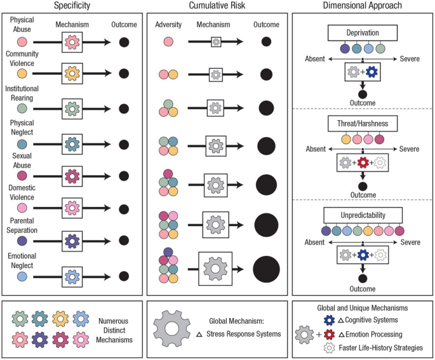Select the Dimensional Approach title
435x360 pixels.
[x=361, y=6]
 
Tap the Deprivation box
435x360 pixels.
[x=362, y=34]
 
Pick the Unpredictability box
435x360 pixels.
[x=363, y=215]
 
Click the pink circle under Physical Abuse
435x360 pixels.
[x=22, y=42]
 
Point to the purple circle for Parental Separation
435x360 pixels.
[x=22, y=242]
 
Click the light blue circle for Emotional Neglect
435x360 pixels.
[x=22, y=276]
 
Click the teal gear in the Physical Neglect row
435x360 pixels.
[x=72, y=142]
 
